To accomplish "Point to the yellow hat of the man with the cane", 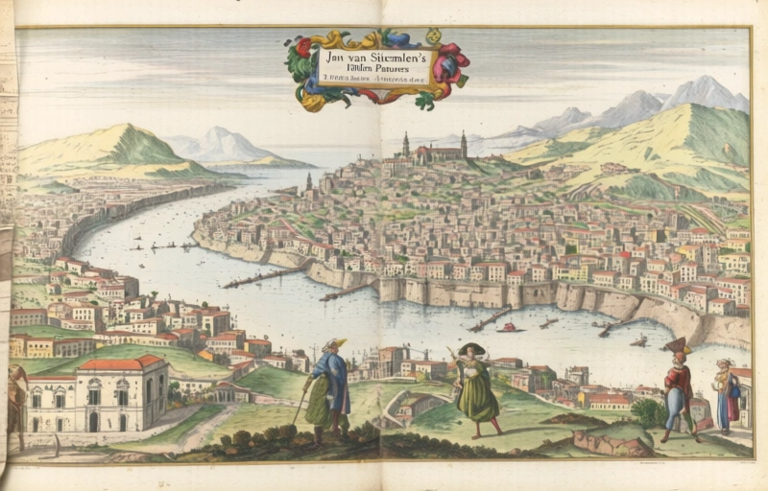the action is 334,344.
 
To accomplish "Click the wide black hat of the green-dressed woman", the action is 471,348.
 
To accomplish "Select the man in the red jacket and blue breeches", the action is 679,388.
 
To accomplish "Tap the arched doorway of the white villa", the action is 93,421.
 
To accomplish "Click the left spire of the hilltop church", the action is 405,144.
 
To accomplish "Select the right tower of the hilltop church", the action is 463,144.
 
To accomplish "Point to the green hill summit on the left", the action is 122,129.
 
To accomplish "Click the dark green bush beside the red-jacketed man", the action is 649,413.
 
